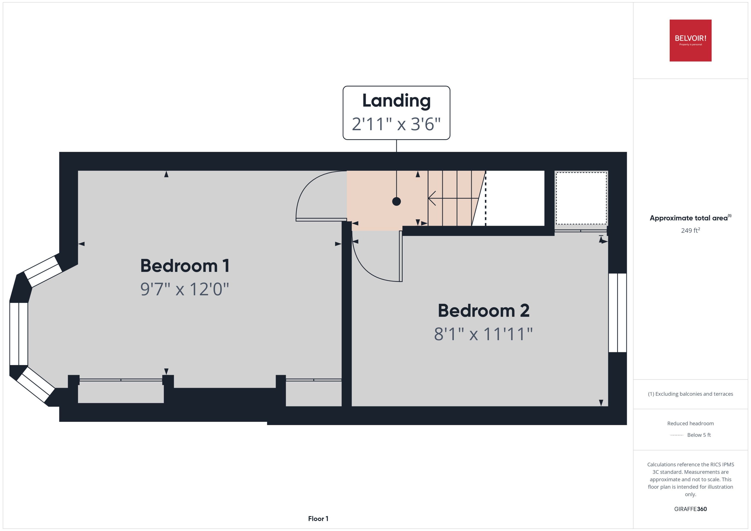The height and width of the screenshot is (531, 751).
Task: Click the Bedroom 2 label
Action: pyautogui.click(x=483, y=311)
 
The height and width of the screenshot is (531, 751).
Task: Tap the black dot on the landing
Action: pyautogui.click(x=396, y=202)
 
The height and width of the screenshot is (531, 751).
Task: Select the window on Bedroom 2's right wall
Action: pyautogui.click(x=617, y=313)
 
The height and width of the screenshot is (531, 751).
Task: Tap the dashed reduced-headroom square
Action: pyautogui.click(x=581, y=198)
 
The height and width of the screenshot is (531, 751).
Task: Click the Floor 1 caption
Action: pyautogui.click(x=318, y=519)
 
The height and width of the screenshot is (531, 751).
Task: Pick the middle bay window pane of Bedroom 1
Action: pyautogui.click(x=19, y=334)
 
